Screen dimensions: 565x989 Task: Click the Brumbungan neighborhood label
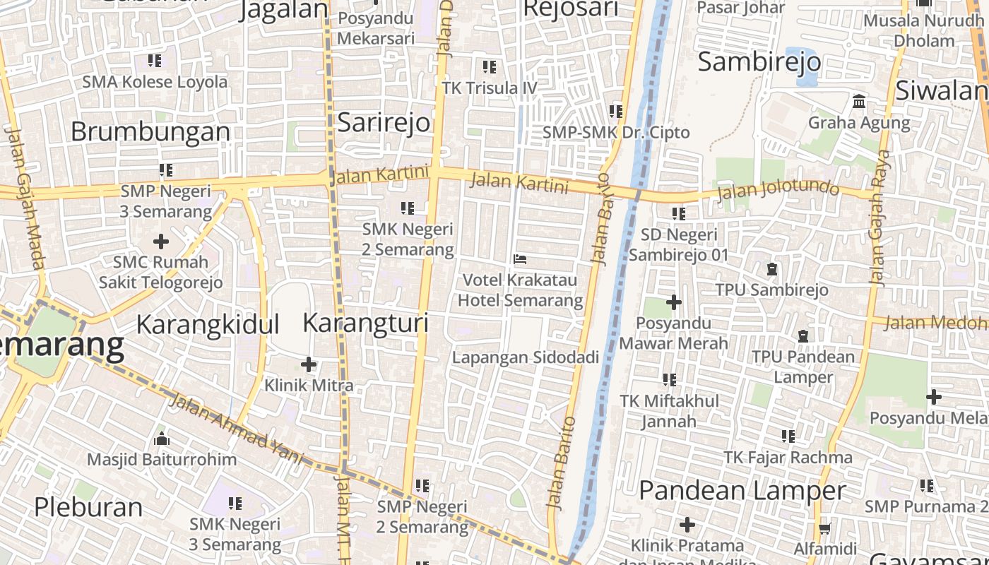150,131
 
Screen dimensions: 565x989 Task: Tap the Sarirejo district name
384,122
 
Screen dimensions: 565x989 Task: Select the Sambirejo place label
759,62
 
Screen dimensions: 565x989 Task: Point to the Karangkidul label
208,324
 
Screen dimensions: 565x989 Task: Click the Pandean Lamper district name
742,490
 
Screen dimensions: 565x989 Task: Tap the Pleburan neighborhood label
88,507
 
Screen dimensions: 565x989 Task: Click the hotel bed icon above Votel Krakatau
521,258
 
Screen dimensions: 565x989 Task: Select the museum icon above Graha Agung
859,101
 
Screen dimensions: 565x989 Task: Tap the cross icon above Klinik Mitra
309,364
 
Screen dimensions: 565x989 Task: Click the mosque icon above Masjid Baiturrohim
162,439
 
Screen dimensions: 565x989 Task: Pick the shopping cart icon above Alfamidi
824,528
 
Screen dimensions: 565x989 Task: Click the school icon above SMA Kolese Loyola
155,61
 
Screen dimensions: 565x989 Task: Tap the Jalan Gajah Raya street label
880,218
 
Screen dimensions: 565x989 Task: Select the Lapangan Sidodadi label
526,357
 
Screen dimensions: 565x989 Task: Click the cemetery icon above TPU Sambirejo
771,269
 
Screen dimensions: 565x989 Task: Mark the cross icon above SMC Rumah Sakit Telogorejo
161,242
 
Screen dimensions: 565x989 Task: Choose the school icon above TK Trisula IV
490,67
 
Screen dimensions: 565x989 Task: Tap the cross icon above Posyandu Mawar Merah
674,302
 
